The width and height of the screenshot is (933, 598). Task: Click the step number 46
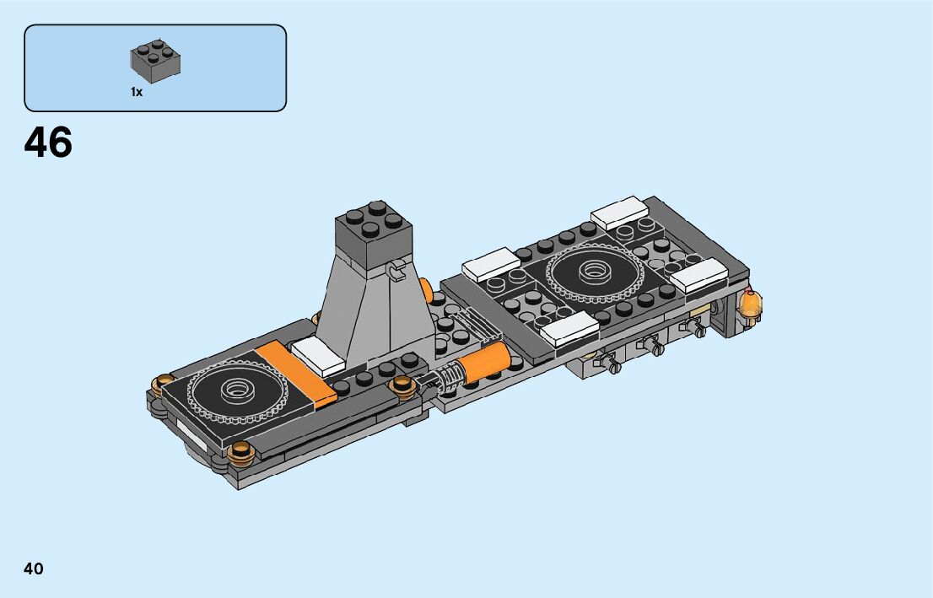point(48,143)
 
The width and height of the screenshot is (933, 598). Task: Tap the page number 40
point(34,568)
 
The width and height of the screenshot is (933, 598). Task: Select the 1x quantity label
point(137,92)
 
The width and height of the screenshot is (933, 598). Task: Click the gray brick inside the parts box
point(155,61)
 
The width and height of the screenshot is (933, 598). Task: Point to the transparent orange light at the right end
point(750,306)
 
